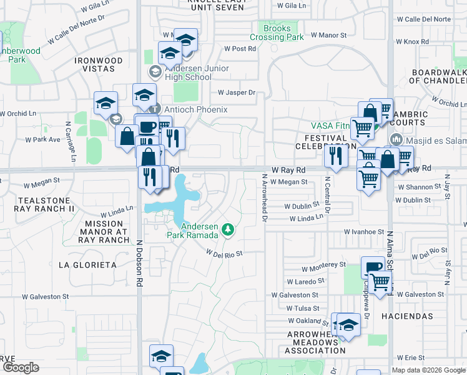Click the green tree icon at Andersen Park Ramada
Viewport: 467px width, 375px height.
tap(229, 230)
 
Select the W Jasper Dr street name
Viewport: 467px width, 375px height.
tap(237, 92)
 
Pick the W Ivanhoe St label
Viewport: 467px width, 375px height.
tap(365, 231)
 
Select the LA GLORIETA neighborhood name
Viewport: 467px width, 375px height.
tap(87, 265)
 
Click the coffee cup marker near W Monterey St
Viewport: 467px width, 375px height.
tap(373, 267)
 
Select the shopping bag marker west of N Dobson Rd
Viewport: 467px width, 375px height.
tap(127, 136)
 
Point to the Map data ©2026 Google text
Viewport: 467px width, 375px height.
tap(428, 370)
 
